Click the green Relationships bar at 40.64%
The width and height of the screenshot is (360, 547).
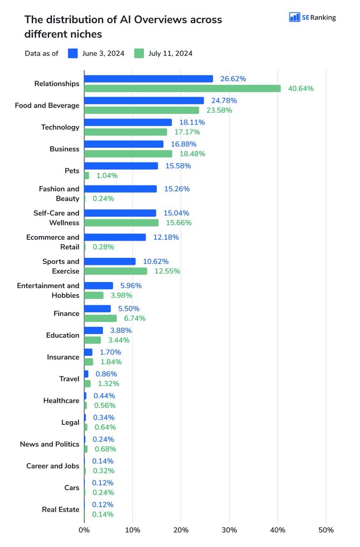click(x=182, y=88)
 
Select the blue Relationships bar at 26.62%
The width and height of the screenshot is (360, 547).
click(x=149, y=79)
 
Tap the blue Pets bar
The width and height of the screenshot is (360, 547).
click(x=121, y=166)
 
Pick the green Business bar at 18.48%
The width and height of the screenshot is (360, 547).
click(x=129, y=154)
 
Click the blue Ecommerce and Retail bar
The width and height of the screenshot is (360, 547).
click(x=115, y=237)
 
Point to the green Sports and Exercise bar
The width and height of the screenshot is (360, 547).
click(x=116, y=271)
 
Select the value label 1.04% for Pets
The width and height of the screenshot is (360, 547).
click(x=107, y=175)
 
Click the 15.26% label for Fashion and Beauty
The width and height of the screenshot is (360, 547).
click(x=177, y=189)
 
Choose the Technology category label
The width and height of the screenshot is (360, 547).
click(x=60, y=127)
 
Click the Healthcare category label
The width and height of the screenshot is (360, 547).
click(x=61, y=401)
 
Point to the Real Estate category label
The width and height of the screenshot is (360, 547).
click(x=61, y=509)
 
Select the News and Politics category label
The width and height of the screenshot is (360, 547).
click(x=50, y=444)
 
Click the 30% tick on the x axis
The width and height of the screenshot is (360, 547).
click(x=229, y=530)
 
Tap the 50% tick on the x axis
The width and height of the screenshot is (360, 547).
click(x=326, y=530)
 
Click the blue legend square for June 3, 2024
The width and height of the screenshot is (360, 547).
click(x=73, y=53)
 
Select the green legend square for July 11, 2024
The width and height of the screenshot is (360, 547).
click(x=139, y=53)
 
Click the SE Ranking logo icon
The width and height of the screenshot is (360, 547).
click(x=294, y=17)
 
